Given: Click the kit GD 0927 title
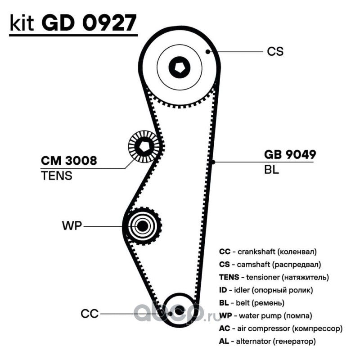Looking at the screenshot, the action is (x=73, y=23).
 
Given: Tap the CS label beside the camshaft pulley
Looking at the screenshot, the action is (x=275, y=51).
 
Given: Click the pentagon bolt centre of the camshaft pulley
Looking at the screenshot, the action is (x=180, y=67).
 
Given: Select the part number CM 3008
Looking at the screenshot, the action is (x=69, y=161).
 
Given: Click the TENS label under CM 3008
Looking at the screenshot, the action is (x=57, y=175).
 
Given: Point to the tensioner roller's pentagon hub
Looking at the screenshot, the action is (x=144, y=146).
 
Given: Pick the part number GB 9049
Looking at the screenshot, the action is (x=290, y=154).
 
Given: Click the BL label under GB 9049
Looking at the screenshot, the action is (x=271, y=170).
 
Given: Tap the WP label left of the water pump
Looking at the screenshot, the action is (x=72, y=226).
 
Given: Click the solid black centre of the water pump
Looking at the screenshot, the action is (x=142, y=226).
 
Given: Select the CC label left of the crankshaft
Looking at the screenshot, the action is (x=90, y=314).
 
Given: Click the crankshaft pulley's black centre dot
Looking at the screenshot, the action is (x=179, y=311).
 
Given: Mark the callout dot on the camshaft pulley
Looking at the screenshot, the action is (x=207, y=52).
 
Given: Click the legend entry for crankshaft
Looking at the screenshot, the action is (x=268, y=252).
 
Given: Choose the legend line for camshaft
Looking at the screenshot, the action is (x=270, y=265).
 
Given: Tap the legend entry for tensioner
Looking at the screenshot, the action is (x=274, y=278).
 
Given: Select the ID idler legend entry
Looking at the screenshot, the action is (x=266, y=290).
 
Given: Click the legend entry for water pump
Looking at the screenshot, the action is (x=265, y=316).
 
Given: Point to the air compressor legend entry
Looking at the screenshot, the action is (x=281, y=329).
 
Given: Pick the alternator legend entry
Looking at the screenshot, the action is (x=267, y=342).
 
